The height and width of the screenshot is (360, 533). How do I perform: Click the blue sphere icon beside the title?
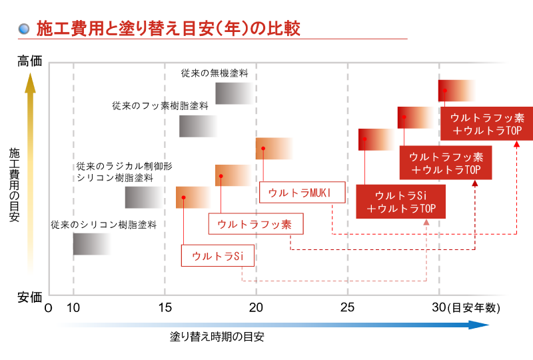pos(24,29)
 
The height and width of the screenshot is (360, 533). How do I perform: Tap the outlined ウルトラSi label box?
pos(217,255)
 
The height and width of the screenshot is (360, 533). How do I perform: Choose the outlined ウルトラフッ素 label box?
pos(255,224)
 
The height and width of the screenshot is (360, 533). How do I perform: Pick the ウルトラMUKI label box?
pos(302,192)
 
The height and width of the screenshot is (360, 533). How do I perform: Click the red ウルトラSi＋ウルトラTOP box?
pos(400,201)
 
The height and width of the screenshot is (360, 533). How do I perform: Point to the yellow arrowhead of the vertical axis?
pos(30,83)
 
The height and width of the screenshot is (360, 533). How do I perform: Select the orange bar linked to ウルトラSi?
pos(194,197)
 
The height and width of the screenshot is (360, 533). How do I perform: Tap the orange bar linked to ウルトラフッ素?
pos(234,176)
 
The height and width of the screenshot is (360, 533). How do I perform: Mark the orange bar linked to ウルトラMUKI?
pos(274,149)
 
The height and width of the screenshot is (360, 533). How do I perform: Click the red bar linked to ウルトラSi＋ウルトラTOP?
pos(377,139)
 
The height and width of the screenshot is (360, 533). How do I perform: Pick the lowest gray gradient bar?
pos(92,244)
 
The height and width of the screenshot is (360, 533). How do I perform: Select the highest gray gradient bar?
pos(235,93)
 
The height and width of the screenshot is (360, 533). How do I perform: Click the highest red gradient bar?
pos(457,91)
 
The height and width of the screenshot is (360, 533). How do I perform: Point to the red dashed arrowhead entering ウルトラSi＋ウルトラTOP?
pos(426,222)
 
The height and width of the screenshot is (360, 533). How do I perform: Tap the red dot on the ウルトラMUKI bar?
pos(263,148)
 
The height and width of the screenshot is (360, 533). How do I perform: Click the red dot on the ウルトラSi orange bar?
pos(183,197)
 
